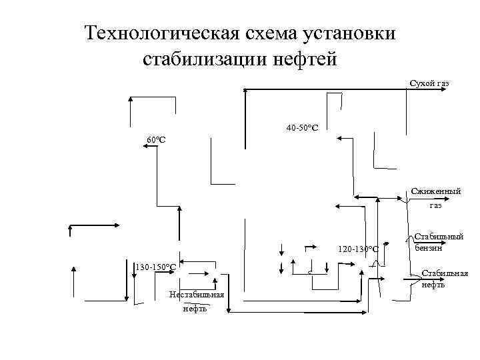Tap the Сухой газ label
click(429, 83)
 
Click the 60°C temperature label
click(156, 140)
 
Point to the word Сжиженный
click(435, 191)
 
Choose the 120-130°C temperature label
click(358, 249)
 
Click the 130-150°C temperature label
click(155, 267)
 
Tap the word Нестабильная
click(197, 295)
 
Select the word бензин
click(429, 248)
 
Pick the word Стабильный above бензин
click(439, 237)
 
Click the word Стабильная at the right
click(445, 273)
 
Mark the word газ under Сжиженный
click(435, 205)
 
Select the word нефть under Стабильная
click(433, 285)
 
